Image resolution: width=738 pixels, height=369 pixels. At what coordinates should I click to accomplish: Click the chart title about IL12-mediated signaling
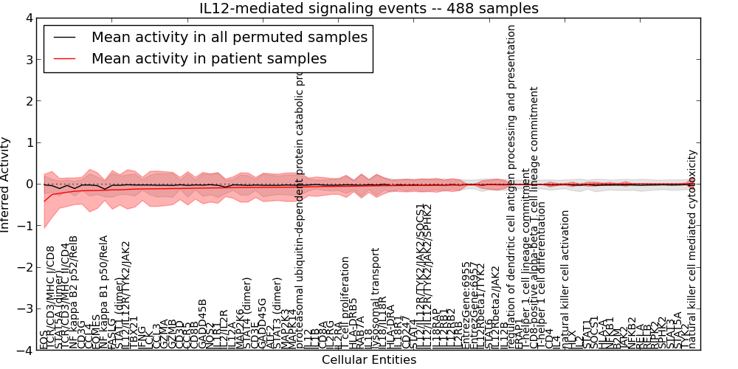[369, 8]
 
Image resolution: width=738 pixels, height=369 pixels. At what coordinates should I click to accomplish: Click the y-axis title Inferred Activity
[6, 184]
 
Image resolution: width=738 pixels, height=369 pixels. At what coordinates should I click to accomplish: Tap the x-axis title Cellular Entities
[369, 360]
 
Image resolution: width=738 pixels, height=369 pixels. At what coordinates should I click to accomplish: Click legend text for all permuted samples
[229, 37]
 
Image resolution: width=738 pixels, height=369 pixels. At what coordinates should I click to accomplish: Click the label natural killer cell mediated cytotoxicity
[692, 249]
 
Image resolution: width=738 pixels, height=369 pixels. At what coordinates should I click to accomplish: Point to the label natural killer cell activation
[565, 279]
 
